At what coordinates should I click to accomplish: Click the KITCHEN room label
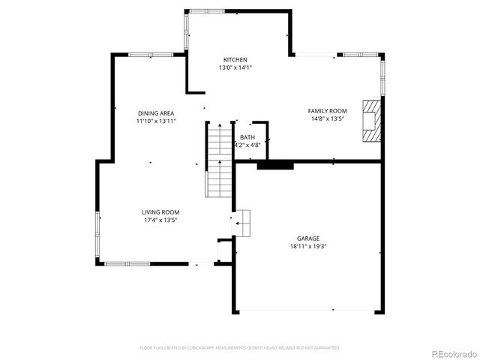pos(235,60)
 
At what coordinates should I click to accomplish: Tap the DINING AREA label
pos(156,113)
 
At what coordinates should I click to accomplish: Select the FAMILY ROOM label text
pos(328,111)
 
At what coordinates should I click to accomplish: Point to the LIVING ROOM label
pos(160,212)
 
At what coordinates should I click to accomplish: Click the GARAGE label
pos(308,238)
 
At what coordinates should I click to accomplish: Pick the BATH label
pos(247,137)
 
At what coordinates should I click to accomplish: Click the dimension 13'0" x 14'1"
pos(235,67)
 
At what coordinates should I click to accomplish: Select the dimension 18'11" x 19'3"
pos(308,246)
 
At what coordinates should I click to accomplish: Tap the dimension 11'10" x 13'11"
pos(156,121)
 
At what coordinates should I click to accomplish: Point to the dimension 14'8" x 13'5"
pos(328,118)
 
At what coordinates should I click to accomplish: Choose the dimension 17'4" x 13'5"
pos(160,220)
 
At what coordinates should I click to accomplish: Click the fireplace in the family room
pos(371,119)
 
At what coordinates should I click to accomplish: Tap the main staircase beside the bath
pos(219,161)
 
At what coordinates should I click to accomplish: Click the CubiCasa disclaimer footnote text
pos(240,348)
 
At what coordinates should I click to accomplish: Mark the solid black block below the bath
pos(274,165)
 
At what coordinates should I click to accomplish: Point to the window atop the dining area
pos(151,55)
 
